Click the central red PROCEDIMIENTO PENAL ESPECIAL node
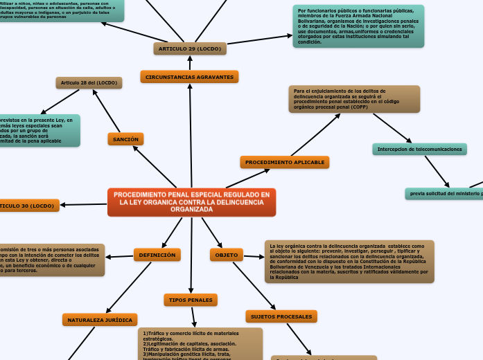coord(191,202)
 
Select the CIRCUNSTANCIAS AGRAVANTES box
coord(189,77)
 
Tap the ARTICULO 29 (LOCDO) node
coord(190,48)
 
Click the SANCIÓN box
coord(125,139)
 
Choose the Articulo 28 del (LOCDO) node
coord(89,83)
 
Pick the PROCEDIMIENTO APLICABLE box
coord(285,162)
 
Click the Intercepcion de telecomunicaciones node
coord(419,150)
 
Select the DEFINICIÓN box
coord(157,255)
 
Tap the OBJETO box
coord(227,255)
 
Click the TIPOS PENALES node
coord(191,300)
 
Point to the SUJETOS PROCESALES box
coord(281,316)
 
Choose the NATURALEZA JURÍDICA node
coord(99,319)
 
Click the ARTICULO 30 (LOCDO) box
coord(28,206)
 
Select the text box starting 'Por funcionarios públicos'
coord(358,26)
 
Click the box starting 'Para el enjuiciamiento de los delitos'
coord(354,99)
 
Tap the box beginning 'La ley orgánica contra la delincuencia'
coord(349,262)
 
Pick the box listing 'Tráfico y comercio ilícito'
coord(200,343)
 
